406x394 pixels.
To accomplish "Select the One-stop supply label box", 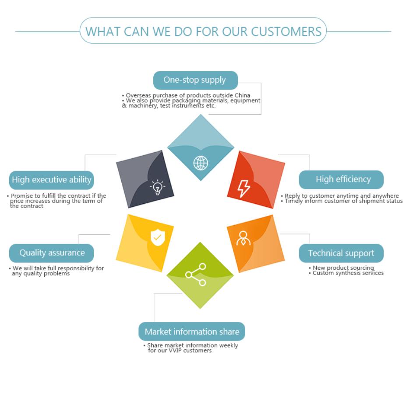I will pyautogui.click(x=195, y=80).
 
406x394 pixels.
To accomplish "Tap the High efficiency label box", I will pyautogui.click(x=341, y=179).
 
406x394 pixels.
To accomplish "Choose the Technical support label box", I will pyautogui.click(x=341, y=253).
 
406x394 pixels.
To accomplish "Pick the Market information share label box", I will pyautogui.click(x=192, y=331).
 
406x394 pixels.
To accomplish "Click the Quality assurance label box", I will pyautogui.click(x=52, y=253).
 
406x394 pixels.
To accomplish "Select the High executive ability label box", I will pyautogui.click(x=52, y=180).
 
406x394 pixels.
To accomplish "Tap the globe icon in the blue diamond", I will pyautogui.click(x=201, y=163).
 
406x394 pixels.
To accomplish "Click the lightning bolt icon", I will pyautogui.click(x=244, y=188).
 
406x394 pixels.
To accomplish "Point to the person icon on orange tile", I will pyautogui.click(x=243, y=238).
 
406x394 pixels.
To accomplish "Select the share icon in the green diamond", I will pyautogui.click(x=196, y=274).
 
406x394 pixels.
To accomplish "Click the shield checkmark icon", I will pyautogui.click(x=157, y=237).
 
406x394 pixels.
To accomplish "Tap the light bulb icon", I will pyautogui.click(x=157, y=188).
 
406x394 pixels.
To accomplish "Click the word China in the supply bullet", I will pyautogui.click(x=242, y=95).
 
